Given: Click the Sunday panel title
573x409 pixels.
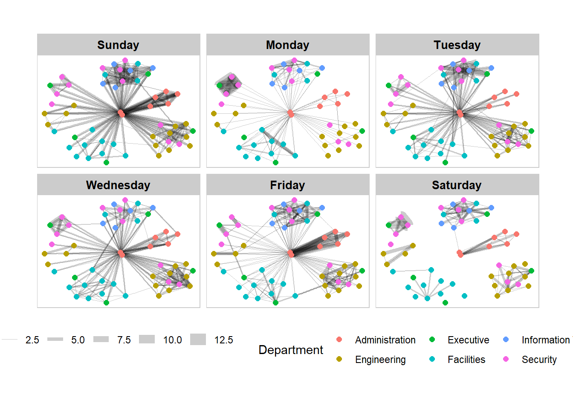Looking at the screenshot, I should (x=118, y=45).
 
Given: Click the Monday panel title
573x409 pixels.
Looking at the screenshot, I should (x=287, y=45).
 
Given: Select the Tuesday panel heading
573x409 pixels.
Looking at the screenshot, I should (x=457, y=45).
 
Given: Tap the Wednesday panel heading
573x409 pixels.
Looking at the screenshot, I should (x=118, y=185).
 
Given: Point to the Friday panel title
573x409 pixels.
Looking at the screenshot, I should (x=287, y=185).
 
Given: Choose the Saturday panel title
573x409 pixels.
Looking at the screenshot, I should (x=457, y=185).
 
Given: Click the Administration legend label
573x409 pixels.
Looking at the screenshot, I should (x=385, y=340).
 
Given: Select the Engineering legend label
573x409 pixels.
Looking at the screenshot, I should (x=380, y=360).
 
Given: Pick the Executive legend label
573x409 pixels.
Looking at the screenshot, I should (x=468, y=340).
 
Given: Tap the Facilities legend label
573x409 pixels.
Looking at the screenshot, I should (x=466, y=360).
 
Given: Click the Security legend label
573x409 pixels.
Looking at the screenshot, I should (x=539, y=360).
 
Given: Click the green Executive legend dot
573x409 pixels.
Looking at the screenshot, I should (x=432, y=340).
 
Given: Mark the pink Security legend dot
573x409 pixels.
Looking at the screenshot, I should (x=506, y=359).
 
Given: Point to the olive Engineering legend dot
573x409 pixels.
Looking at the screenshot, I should (x=339, y=359).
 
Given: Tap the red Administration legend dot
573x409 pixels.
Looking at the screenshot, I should (x=339, y=340).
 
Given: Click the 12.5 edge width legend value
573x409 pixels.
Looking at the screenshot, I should (x=223, y=340).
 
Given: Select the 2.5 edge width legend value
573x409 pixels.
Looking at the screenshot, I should (x=32, y=340).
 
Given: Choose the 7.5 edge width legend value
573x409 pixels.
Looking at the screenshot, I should (x=124, y=340).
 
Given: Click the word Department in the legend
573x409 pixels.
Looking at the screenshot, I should (x=291, y=350).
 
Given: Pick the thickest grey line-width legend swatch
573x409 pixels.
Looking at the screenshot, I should (x=198, y=340).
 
